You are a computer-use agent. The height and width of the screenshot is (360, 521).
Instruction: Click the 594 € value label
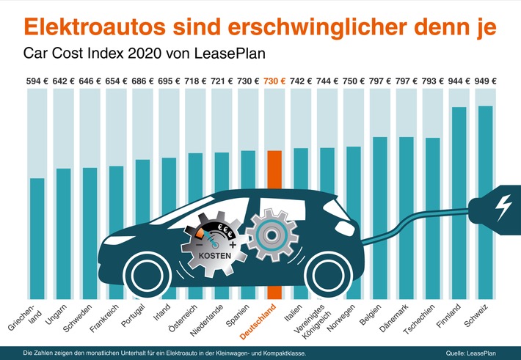point(37,81)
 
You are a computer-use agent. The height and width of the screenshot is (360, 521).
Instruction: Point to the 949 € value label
point(485,81)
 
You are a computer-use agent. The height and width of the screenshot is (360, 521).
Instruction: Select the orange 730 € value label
point(274,81)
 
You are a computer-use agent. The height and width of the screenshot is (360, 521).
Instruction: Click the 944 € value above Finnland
point(460,81)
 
